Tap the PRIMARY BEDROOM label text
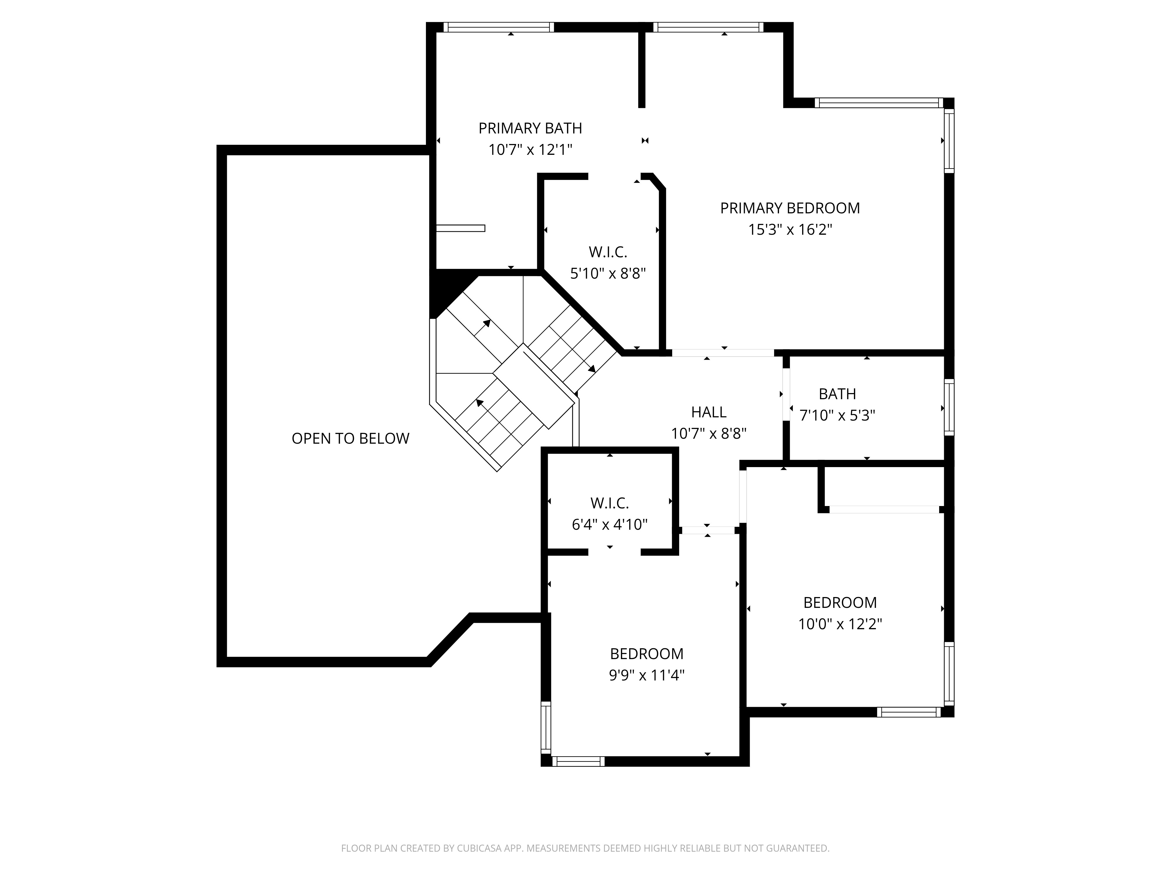790,208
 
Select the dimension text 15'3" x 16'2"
790,230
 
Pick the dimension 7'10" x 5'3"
837,416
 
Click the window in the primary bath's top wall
499,27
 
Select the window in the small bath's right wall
949,407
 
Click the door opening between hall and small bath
786,394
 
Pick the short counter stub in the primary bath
460,228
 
